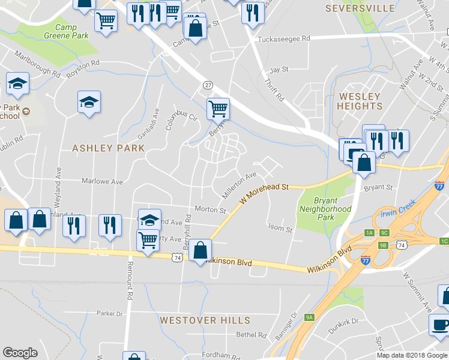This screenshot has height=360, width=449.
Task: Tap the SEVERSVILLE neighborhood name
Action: point(360,8)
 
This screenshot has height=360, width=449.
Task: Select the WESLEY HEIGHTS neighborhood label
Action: point(360,101)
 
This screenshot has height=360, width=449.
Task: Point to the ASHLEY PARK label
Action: point(108,148)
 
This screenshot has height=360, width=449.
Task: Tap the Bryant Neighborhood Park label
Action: point(325,209)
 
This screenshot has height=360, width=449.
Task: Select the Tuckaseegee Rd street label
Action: point(283,39)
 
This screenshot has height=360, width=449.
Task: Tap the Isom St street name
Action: point(280,229)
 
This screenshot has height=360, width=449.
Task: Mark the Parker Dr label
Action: point(109,313)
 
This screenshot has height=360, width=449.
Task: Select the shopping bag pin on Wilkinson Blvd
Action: point(200,249)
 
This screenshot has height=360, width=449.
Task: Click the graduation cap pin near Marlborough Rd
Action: point(17,84)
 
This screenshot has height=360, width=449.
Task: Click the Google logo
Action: point(20,353)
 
